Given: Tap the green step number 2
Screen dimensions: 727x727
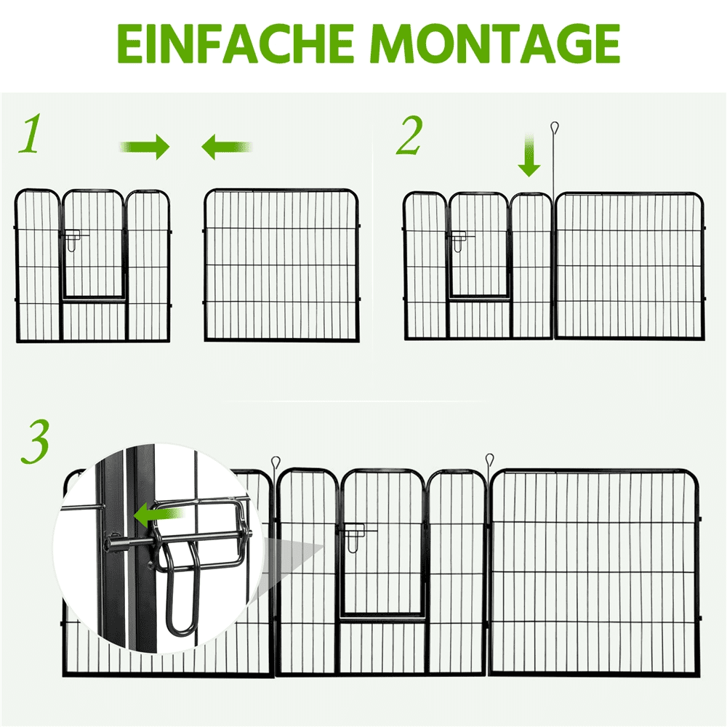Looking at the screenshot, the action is tap(409, 135).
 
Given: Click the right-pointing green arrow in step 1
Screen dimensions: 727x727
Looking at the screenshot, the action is tap(145, 147).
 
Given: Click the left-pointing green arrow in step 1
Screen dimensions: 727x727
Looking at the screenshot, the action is tap(227, 147).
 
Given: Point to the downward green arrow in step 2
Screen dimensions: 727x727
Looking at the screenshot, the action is tap(529, 156).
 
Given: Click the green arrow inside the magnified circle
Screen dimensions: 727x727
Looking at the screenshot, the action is tap(159, 514).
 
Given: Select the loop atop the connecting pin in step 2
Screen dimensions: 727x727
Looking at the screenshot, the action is tap(555, 127).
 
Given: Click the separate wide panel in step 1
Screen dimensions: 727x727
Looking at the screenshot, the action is tap(282, 265).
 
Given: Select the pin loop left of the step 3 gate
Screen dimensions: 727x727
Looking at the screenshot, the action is tap(276, 462).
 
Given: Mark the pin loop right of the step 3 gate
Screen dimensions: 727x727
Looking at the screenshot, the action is tap(489, 460).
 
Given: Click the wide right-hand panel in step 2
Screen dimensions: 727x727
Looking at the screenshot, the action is tap(630, 265).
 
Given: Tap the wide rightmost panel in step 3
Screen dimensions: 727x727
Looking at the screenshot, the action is tap(595, 573).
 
